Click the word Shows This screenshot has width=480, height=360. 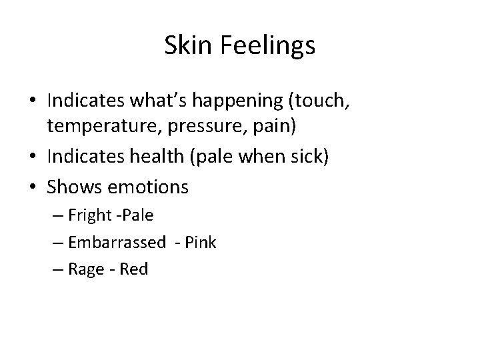pyautogui.click(x=71, y=187)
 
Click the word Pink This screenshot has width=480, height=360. pyautogui.click(x=201, y=243)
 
